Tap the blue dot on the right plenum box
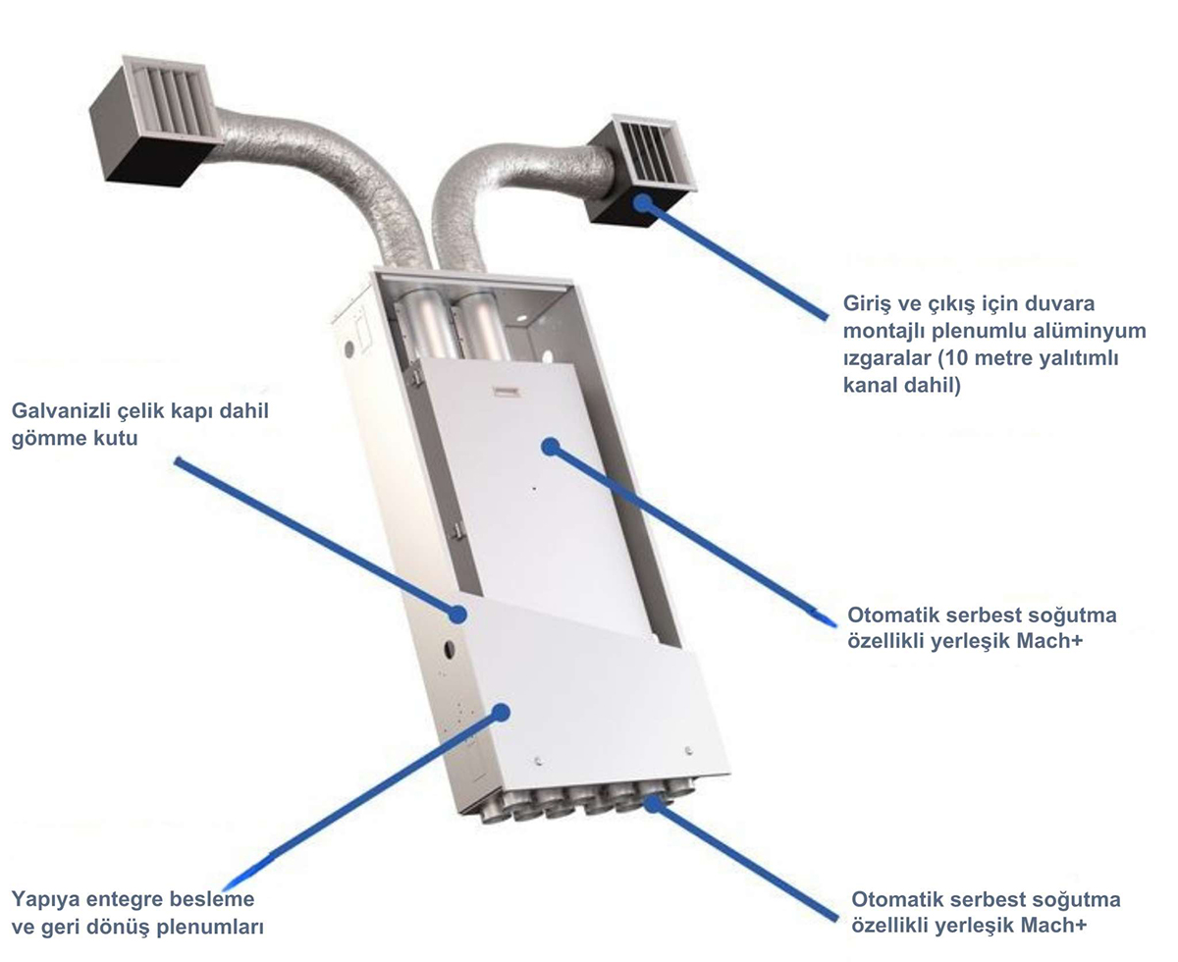[642, 203]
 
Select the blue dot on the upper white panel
[550, 447]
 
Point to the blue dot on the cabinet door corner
[457, 615]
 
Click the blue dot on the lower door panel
[502, 713]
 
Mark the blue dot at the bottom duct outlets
[653, 804]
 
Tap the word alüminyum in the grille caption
[1090, 331]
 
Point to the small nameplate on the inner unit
[507, 392]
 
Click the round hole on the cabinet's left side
[449, 650]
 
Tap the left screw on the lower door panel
[537, 761]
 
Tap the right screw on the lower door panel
[688, 750]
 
